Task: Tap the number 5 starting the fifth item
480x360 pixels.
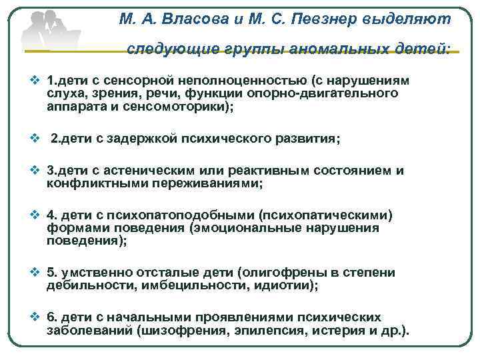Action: pyautogui.click(x=52, y=273)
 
